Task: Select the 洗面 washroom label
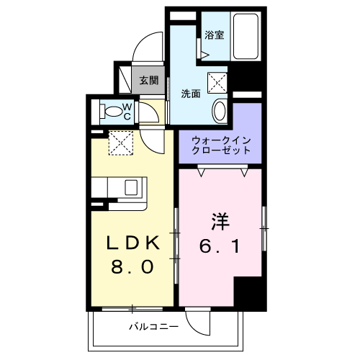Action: point(190,93)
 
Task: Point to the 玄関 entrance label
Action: point(148,80)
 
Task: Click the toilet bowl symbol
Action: point(113,112)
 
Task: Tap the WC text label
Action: point(126,111)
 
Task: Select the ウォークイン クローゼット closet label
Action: point(220,145)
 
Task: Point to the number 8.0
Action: point(131,267)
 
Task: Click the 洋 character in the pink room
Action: point(220,219)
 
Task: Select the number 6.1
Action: point(220,246)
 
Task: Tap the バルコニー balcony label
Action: point(153,327)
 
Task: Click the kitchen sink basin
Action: point(133,188)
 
